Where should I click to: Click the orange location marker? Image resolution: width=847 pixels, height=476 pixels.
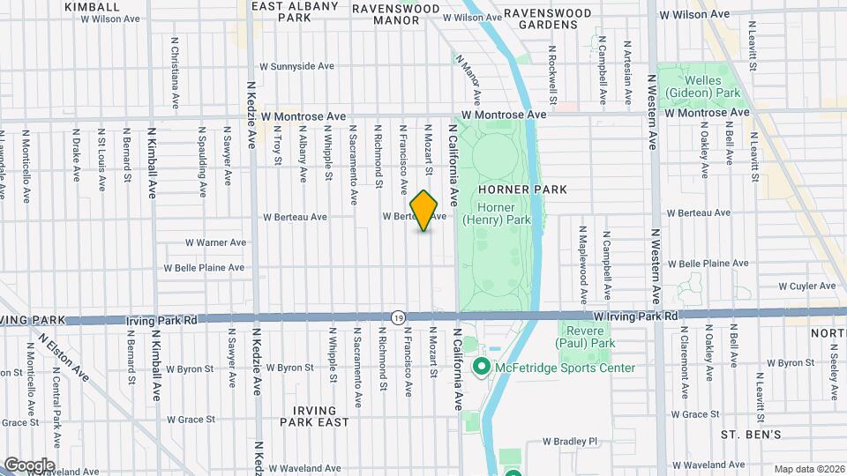coord(424,211)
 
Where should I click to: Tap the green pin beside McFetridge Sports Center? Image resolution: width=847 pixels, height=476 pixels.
coord(482,366)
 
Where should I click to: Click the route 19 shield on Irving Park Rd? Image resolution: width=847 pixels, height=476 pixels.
coord(399,316)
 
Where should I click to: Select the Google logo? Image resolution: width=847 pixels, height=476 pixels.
coord(28,465)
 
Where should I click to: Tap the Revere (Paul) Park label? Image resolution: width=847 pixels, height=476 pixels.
coord(587,336)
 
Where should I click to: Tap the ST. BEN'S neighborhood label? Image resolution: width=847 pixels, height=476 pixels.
coord(751,435)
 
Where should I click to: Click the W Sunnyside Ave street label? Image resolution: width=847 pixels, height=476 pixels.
coord(296,66)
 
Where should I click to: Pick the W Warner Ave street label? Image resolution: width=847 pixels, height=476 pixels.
coord(215,242)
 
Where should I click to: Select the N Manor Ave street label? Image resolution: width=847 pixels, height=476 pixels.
coord(468,78)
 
